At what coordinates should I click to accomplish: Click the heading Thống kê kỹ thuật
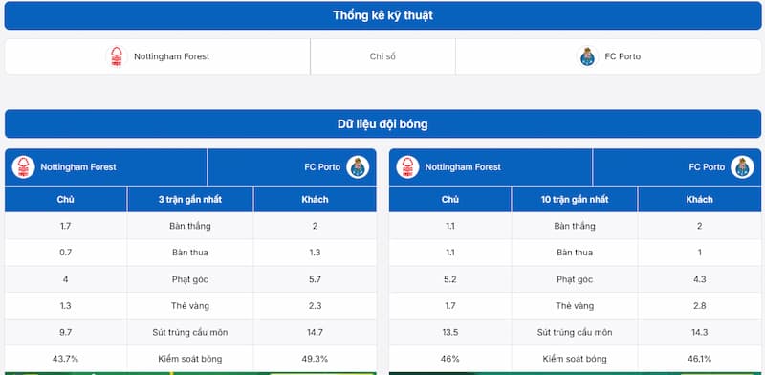pos(382,15)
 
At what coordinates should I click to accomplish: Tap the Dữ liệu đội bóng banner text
pos(382,124)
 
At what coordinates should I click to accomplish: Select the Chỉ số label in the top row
pos(382,56)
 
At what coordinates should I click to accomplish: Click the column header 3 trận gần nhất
pos(189,199)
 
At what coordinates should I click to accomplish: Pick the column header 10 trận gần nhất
pos(575,199)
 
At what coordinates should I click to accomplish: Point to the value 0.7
pos(66,252)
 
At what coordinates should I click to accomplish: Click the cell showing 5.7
pos(315,278)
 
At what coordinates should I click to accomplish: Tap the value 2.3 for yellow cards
pos(315,305)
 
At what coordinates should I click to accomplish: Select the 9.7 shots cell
pos(66,332)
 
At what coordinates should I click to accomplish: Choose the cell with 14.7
pos(315,332)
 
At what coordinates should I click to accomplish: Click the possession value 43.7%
pos(66,358)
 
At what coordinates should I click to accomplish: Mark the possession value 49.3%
pos(315,358)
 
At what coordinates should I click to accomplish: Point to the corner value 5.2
pos(450,278)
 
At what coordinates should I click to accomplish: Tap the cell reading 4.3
pos(699,278)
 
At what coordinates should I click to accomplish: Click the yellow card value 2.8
pos(699,305)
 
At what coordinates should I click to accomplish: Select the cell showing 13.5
pos(450,332)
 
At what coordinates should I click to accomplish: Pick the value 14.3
pos(699,332)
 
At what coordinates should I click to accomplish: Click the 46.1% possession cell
pos(699,358)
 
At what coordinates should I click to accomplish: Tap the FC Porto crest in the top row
pos(588,56)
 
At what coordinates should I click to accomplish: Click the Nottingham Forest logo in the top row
pos(116,56)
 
